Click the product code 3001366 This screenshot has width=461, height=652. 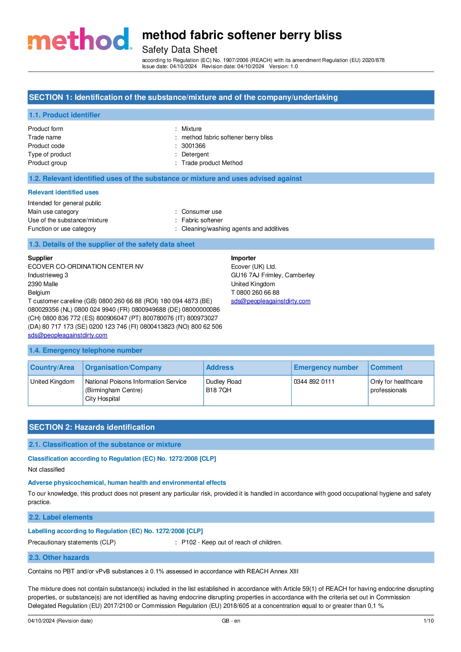193,146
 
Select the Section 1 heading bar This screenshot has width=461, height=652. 231,97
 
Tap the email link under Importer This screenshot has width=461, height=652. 271,301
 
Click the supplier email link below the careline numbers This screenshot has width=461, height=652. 67,335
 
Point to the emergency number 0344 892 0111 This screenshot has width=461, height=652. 314,382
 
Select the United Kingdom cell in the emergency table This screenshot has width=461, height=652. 52,382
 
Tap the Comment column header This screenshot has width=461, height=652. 386,367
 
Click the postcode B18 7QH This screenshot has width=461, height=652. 218,390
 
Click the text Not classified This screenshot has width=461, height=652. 46,470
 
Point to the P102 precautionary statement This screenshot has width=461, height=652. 231,542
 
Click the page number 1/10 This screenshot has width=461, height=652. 428,621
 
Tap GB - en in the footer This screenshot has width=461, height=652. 231,621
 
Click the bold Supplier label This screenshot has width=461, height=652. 40,258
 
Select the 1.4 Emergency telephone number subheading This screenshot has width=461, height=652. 86,350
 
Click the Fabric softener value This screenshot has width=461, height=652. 202,220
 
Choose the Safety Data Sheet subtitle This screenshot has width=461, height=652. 180,50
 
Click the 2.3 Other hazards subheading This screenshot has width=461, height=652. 59,558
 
